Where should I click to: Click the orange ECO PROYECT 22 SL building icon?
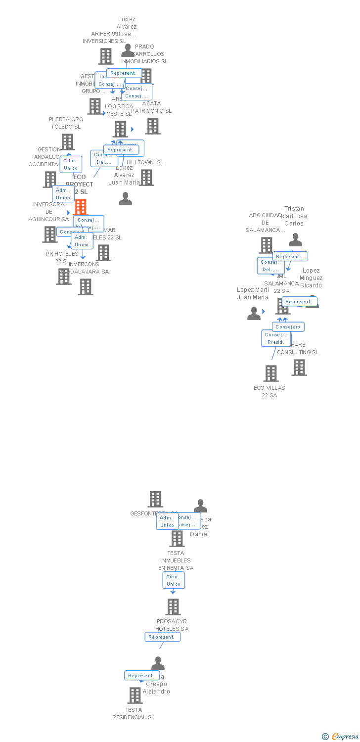tap(81, 207)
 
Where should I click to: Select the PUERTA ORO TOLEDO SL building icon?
tap(67, 142)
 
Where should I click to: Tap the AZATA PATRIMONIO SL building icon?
tap(152, 126)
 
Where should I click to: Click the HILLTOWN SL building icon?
tap(146, 178)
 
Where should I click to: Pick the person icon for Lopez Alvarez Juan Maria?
tap(126, 199)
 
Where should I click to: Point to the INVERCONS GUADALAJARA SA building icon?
tap(86, 287)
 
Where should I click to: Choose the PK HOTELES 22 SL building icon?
tap(64, 277)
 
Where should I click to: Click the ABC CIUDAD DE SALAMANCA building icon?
tap(266, 245)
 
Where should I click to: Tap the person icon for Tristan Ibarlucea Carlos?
tap(295, 240)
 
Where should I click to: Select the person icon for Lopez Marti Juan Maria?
tap(254, 314)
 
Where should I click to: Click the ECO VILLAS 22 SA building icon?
tap(271, 373)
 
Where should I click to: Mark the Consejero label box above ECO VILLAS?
tap(288, 327)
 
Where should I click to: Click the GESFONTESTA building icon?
tap(155, 499)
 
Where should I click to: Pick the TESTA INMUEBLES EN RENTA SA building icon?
tap(177, 539)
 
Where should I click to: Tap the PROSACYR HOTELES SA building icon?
tap(173, 607)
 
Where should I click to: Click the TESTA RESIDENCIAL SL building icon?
tap(135, 696)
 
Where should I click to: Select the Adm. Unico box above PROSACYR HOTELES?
tap(174, 580)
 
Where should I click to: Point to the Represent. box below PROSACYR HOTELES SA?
tap(162, 637)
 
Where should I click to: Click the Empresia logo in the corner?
tap(341, 737)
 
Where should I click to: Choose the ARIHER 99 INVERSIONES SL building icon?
tap(105, 56)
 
